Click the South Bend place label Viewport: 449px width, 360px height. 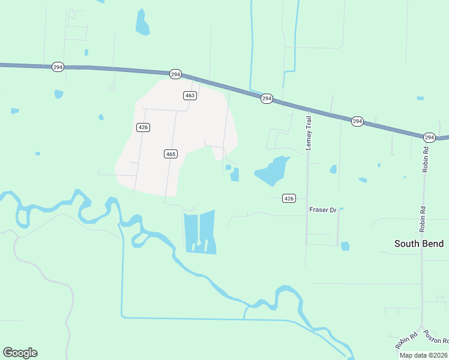click(419, 244)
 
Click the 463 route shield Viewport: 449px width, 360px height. click(190, 95)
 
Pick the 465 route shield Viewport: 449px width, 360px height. click(170, 154)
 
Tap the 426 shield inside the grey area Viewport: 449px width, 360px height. click(143, 127)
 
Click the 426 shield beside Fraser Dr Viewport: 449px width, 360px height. click(289, 199)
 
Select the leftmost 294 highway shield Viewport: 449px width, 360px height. click(58, 67)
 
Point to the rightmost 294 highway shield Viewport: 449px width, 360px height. click(429, 137)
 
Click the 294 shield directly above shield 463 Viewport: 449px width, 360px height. click(175, 74)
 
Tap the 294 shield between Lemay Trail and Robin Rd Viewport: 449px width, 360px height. click(357, 121)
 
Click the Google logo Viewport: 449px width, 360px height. click(20, 353)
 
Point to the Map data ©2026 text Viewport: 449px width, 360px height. click(423, 355)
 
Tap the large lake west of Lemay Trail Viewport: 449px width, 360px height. click(271, 171)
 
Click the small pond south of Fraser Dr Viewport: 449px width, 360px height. click(345, 246)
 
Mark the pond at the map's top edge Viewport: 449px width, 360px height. click(142, 23)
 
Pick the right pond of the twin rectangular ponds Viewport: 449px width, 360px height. click(208, 232)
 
